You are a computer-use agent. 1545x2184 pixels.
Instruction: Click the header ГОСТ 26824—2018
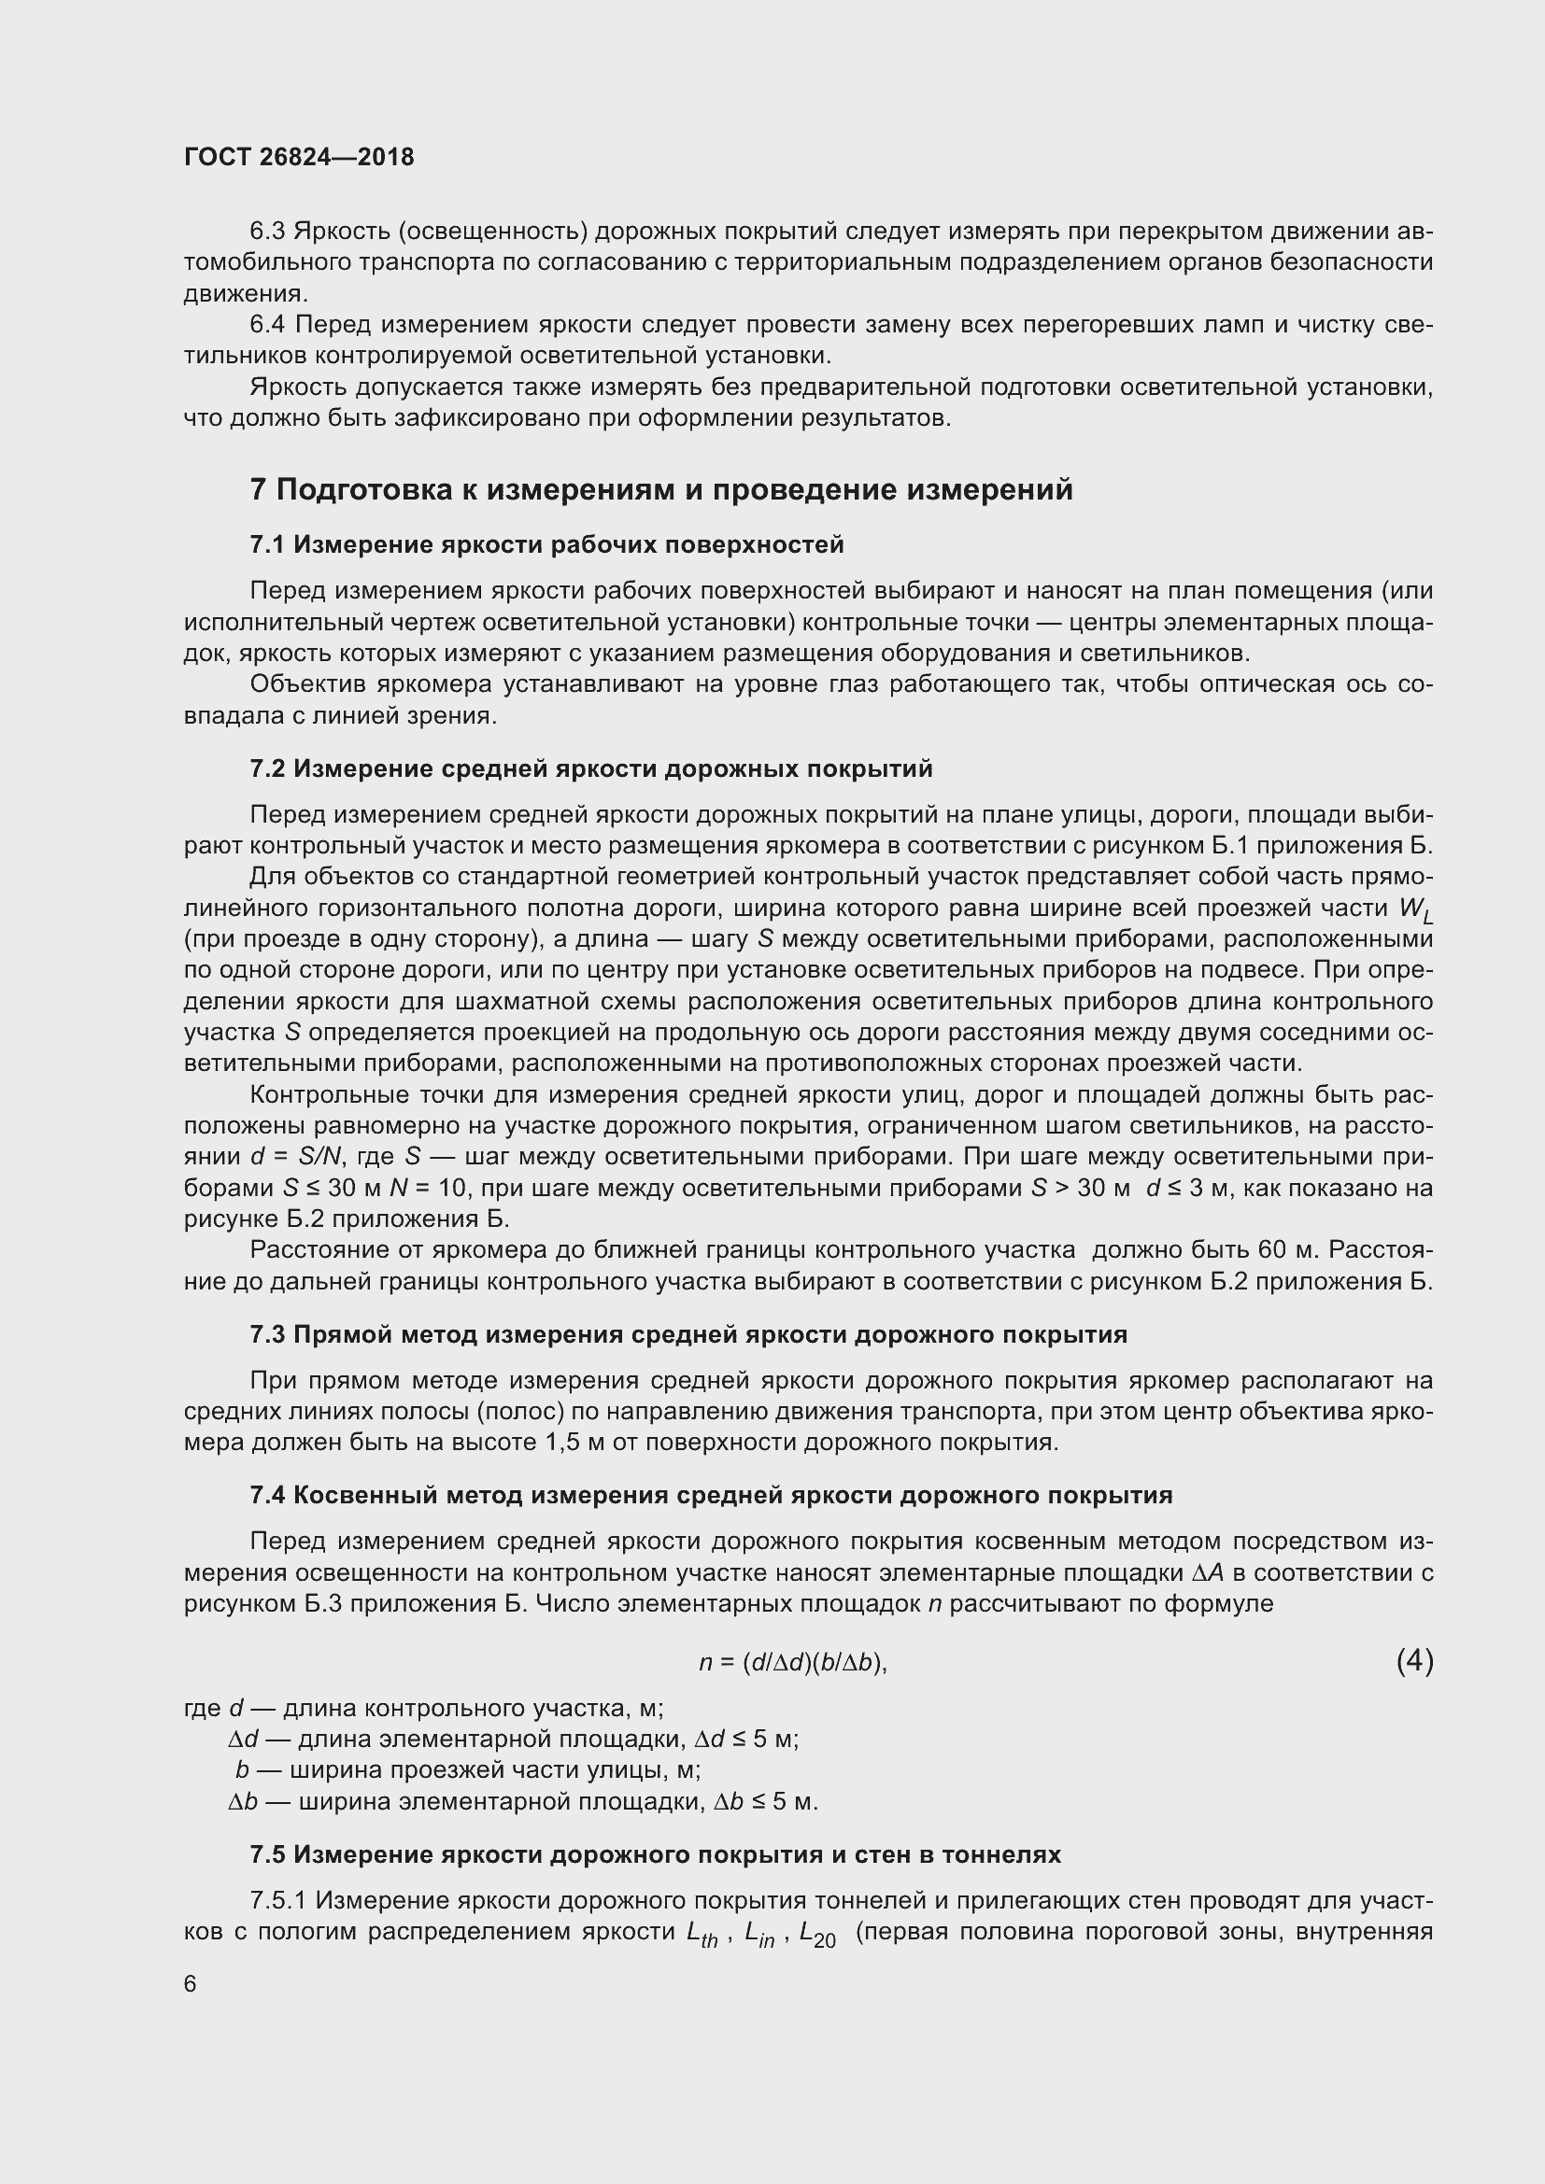[x=299, y=157]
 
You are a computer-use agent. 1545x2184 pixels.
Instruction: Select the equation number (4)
[x=1413, y=1661]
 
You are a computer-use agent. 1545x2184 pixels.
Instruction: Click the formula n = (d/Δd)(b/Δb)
[x=792, y=1663]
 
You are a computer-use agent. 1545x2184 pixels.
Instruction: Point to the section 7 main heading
[x=661, y=490]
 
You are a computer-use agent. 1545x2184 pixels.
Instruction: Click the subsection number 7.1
[x=267, y=545]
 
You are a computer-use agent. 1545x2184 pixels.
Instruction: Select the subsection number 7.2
[x=267, y=768]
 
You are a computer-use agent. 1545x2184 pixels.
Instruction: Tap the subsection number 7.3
[x=267, y=1334]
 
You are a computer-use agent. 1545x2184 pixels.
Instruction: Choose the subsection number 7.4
[x=267, y=1495]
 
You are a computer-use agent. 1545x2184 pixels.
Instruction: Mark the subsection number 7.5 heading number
[x=267, y=1855]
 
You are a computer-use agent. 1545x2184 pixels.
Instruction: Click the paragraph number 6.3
[x=267, y=232]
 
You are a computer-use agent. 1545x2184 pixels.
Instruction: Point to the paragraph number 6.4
[x=267, y=325]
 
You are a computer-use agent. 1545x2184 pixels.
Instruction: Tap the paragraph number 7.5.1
[x=278, y=1901]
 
